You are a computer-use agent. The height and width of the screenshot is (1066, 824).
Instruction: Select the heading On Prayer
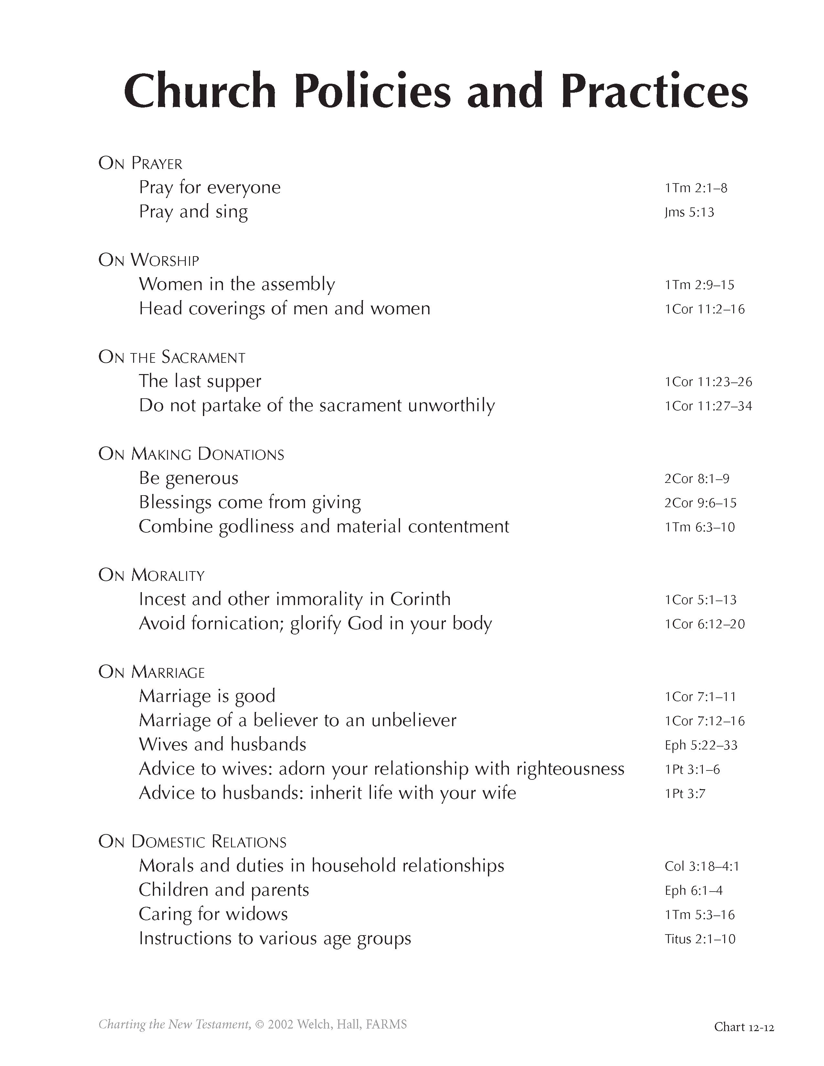(x=140, y=163)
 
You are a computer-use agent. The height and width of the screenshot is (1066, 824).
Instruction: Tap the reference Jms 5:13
(x=689, y=212)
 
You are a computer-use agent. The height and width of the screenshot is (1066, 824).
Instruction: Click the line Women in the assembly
(x=237, y=284)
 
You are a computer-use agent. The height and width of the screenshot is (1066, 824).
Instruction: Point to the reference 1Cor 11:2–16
(x=704, y=309)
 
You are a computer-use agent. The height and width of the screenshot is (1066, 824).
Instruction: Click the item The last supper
(x=200, y=381)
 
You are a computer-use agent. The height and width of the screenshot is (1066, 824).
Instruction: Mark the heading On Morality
(x=151, y=575)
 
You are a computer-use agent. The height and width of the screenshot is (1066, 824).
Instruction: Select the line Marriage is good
(x=207, y=696)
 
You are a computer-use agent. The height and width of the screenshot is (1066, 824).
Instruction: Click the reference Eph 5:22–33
(x=701, y=745)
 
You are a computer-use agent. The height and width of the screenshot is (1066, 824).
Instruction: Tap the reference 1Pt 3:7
(x=685, y=794)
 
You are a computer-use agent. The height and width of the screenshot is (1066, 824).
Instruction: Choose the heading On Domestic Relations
(x=192, y=842)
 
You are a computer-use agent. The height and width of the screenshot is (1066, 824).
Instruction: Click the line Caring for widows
(x=213, y=914)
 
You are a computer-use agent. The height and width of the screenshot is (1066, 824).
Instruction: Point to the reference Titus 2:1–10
(x=700, y=939)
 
